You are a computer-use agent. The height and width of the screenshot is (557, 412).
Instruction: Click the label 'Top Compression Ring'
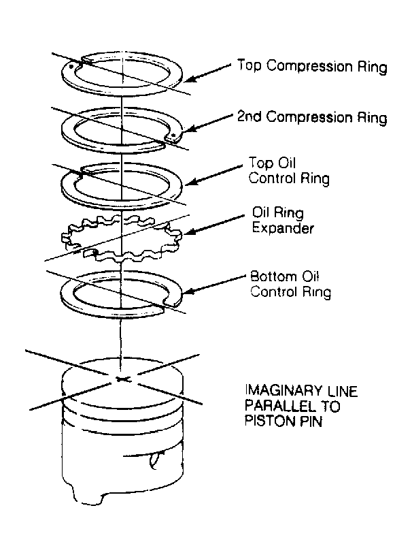click(312, 67)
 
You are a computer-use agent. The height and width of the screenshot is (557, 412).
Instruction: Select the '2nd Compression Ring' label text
click(312, 117)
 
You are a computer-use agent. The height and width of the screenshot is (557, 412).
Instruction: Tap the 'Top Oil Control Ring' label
click(289, 171)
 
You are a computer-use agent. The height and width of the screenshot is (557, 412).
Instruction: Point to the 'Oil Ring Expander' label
click(283, 220)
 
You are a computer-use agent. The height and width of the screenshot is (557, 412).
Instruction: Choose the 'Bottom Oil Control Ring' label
click(291, 284)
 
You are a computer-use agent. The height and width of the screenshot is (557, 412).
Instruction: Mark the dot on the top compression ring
click(71, 67)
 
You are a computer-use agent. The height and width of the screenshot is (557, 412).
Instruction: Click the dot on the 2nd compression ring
click(173, 136)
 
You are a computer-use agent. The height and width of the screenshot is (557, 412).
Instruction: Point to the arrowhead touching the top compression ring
click(190, 79)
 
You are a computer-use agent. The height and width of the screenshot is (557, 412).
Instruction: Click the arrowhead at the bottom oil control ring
click(188, 291)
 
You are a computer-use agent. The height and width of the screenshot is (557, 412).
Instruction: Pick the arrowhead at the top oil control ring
click(190, 182)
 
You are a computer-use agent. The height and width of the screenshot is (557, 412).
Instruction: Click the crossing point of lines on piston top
click(122, 379)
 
